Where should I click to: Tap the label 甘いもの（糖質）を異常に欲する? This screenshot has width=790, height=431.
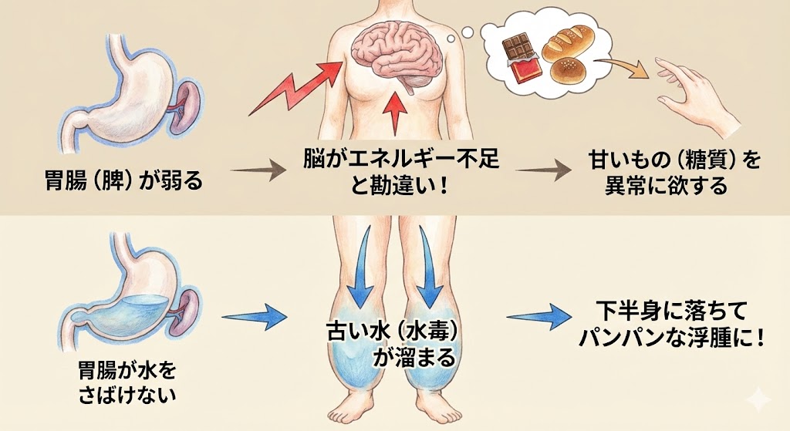[662, 173]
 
